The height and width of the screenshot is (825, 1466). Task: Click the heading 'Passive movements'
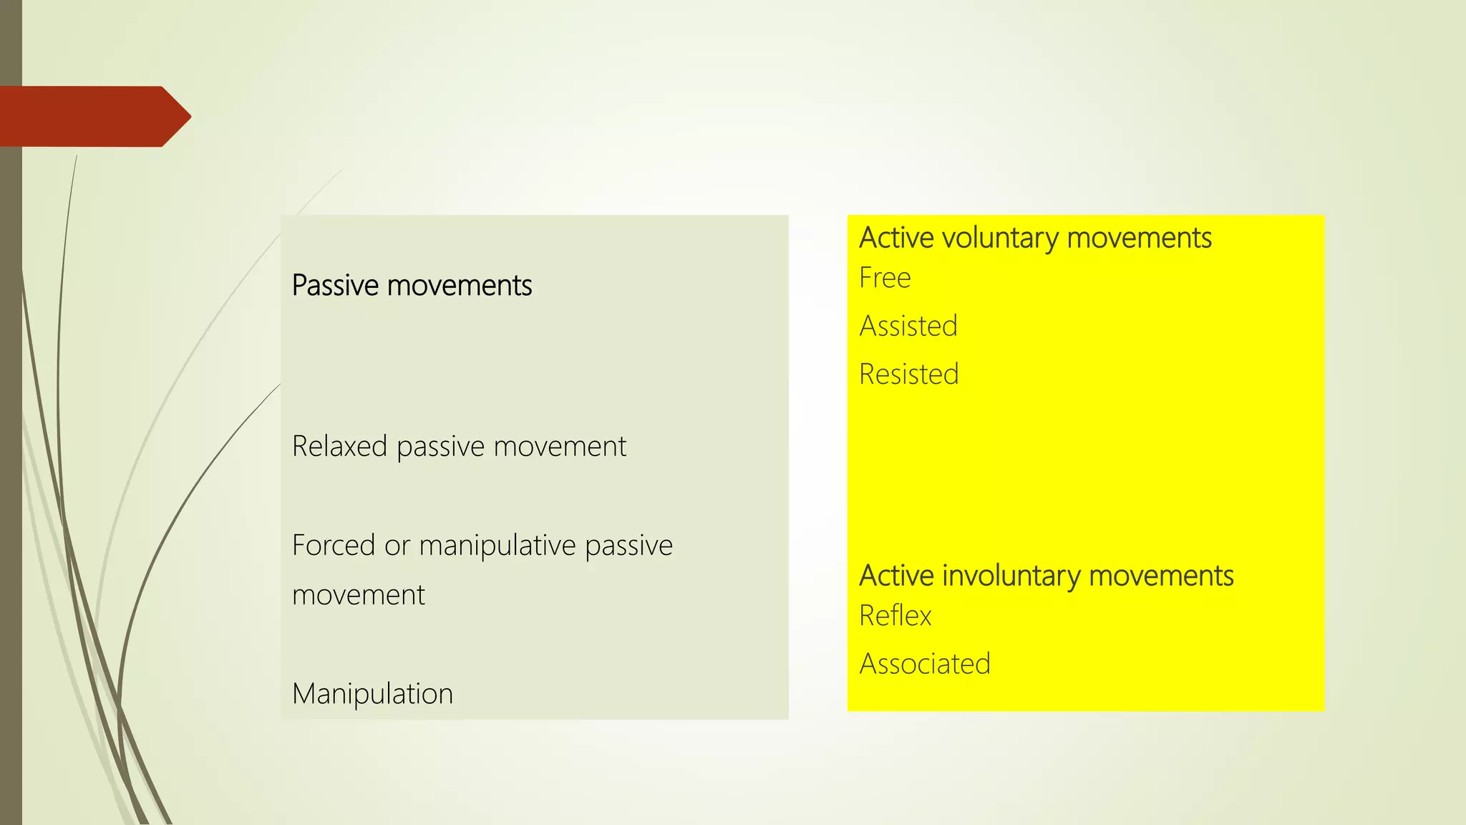(412, 286)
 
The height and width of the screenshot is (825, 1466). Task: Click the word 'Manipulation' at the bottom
(372, 694)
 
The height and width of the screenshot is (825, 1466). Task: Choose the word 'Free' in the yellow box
(885, 278)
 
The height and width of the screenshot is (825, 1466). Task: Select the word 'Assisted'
(908, 327)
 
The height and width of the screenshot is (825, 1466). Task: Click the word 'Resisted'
(908, 375)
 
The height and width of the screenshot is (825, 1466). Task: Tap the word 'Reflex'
(895, 616)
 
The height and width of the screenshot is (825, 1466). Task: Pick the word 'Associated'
(925, 664)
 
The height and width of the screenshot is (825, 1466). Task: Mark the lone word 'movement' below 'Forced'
(359, 595)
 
